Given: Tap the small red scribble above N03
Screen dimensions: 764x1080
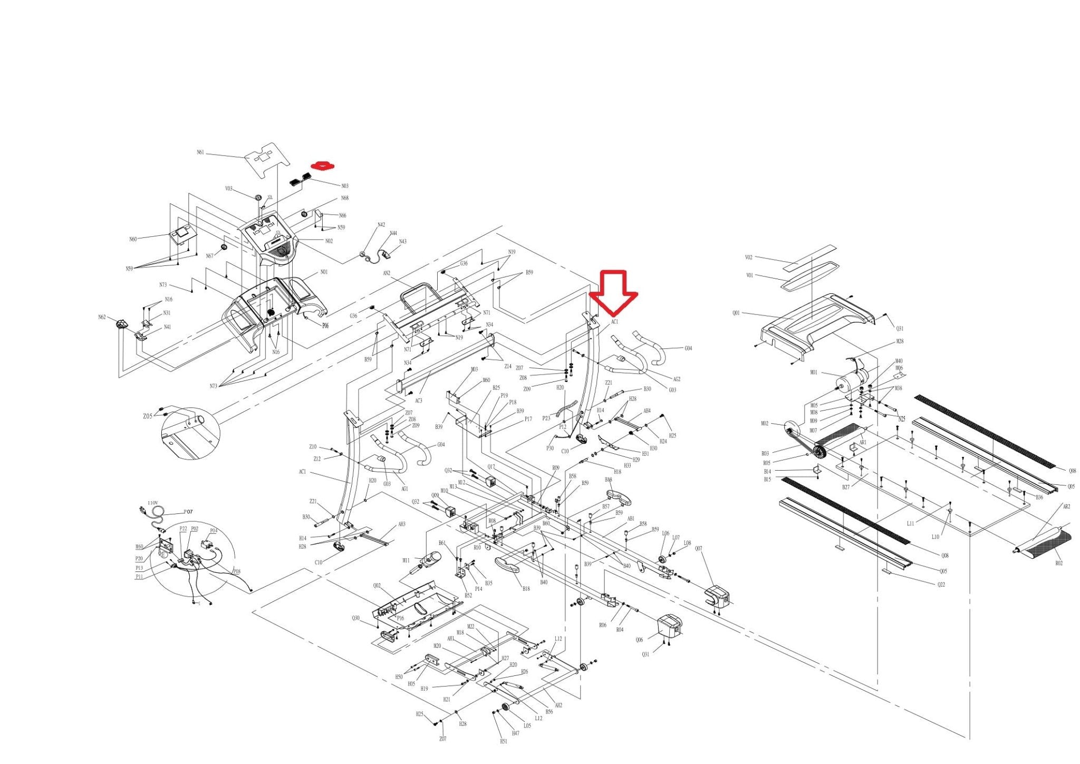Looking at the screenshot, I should click(x=323, y=166).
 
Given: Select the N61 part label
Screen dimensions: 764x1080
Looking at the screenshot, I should click(x=200, y=152).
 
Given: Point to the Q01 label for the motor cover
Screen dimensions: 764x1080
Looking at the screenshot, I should click(x=736, y=313).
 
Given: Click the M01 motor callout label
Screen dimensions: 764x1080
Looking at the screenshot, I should click(x=814, y=373).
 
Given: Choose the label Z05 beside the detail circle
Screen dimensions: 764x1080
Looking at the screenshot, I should click(x=148, y=416).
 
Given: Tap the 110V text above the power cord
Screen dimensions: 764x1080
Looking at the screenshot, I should click(x=153, y=503).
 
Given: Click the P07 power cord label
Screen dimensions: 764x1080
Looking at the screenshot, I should click(x=188, y=512).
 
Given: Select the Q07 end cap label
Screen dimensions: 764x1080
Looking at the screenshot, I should click(x=698, y=549).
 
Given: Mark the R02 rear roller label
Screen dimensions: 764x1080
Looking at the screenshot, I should click(x=1059, y=564).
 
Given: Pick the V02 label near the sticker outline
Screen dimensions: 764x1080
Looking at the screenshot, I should click(x=749, y=257).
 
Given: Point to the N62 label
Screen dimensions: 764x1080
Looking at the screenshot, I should click(x=102, y=317).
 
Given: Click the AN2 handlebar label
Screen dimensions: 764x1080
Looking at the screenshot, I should click(x=387, y=273).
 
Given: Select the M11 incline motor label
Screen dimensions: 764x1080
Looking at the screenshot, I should click(x=406, y=560).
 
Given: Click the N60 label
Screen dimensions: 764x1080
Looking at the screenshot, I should click(x=133, y=239).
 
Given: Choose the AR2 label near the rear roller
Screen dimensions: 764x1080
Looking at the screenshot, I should click(x=1066, y=507).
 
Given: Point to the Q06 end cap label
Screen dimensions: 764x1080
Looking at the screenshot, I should click(x=639, y=639).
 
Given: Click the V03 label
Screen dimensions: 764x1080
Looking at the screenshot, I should click(x=229, y=188).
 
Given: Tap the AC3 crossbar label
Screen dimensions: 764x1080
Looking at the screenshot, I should click(x=418, y=400).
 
